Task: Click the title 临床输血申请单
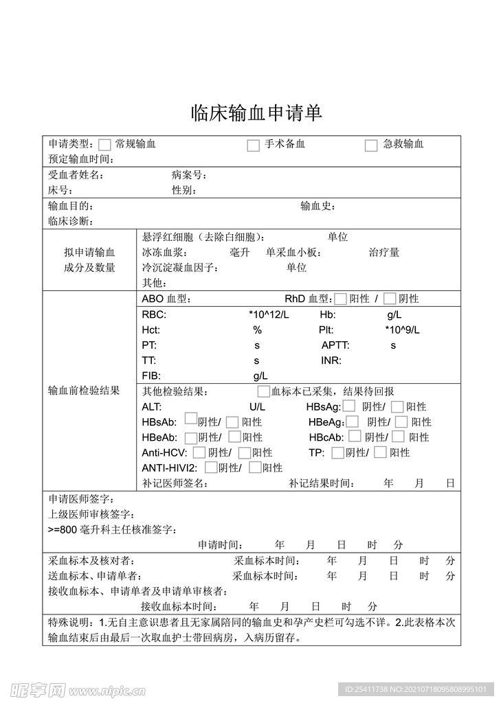point(256,114)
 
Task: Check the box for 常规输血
point(104,145)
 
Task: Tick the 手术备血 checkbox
point(254,145)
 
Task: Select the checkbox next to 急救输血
point(371,145)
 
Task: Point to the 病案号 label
point(189,175)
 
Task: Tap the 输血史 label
point(318,206)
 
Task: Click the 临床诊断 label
point(70,221)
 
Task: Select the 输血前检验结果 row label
point(84,391)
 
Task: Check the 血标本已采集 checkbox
point(263,391)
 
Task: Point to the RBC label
point(154,314)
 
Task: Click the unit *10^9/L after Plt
point(402,330)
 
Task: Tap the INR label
point(331,360)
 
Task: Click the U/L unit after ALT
point(257,407)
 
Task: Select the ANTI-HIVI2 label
point(170,468)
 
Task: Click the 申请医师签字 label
point(81,499)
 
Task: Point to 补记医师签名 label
point(175,483)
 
